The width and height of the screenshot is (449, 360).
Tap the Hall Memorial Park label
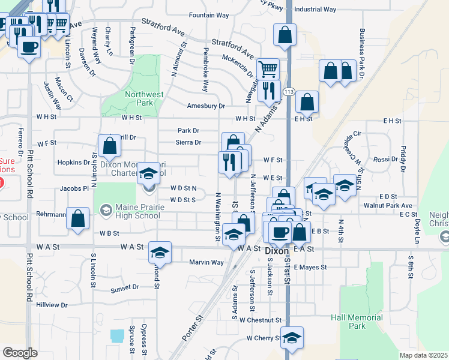click(x=357, y=322)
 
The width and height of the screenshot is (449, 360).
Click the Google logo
click(x=20, y=352)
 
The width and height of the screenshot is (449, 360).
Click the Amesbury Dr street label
click(x=205, y=106)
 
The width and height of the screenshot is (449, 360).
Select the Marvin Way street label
click(x=206, y=262)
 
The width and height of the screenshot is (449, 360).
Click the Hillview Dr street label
click(x=52, y=305)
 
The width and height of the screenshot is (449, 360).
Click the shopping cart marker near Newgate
click(x=267, y=69)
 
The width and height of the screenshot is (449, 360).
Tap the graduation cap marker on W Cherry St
click(x=292, y=338)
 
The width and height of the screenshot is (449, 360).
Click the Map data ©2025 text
click(x=423, y=355)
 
